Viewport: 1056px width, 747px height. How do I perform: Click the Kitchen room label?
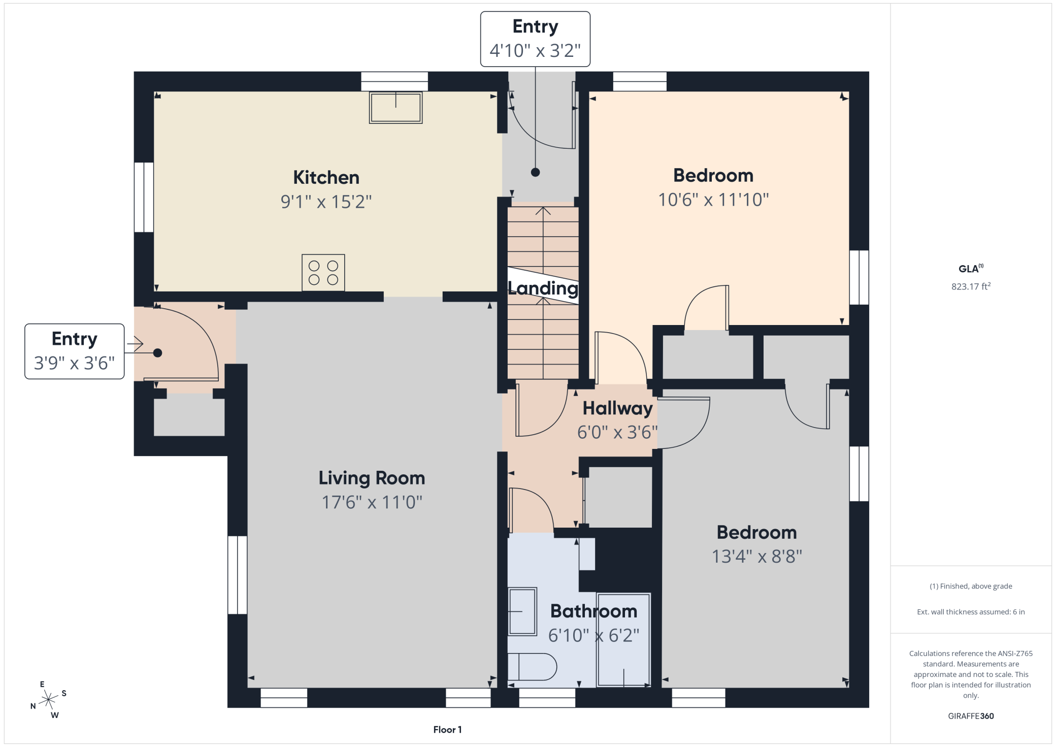326,178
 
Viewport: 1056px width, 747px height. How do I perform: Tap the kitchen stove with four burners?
323,273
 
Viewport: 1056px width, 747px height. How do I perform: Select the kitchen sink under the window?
395,107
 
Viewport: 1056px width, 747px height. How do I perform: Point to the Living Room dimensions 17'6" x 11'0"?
372,502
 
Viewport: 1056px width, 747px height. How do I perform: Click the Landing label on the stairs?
543,288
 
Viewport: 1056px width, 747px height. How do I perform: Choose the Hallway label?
617,408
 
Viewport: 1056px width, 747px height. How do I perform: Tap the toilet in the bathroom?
532,667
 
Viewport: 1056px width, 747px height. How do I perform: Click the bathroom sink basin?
522,611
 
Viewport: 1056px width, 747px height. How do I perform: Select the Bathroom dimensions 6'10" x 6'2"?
594,635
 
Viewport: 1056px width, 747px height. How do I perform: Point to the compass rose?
48,700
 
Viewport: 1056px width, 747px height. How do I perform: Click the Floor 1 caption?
447,730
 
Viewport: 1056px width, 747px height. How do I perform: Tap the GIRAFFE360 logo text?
971,716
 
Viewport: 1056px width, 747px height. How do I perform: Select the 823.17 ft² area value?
971,286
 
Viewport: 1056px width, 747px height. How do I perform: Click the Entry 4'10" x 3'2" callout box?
535,39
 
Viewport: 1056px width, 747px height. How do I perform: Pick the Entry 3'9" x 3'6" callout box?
75,351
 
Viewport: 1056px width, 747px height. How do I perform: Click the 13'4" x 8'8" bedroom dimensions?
757,557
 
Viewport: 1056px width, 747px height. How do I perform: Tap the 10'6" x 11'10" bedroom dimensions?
713,200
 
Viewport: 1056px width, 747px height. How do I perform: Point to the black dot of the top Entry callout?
535,172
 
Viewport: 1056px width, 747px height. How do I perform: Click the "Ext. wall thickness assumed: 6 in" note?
971,612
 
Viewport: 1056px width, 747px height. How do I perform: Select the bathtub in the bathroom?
623,640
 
